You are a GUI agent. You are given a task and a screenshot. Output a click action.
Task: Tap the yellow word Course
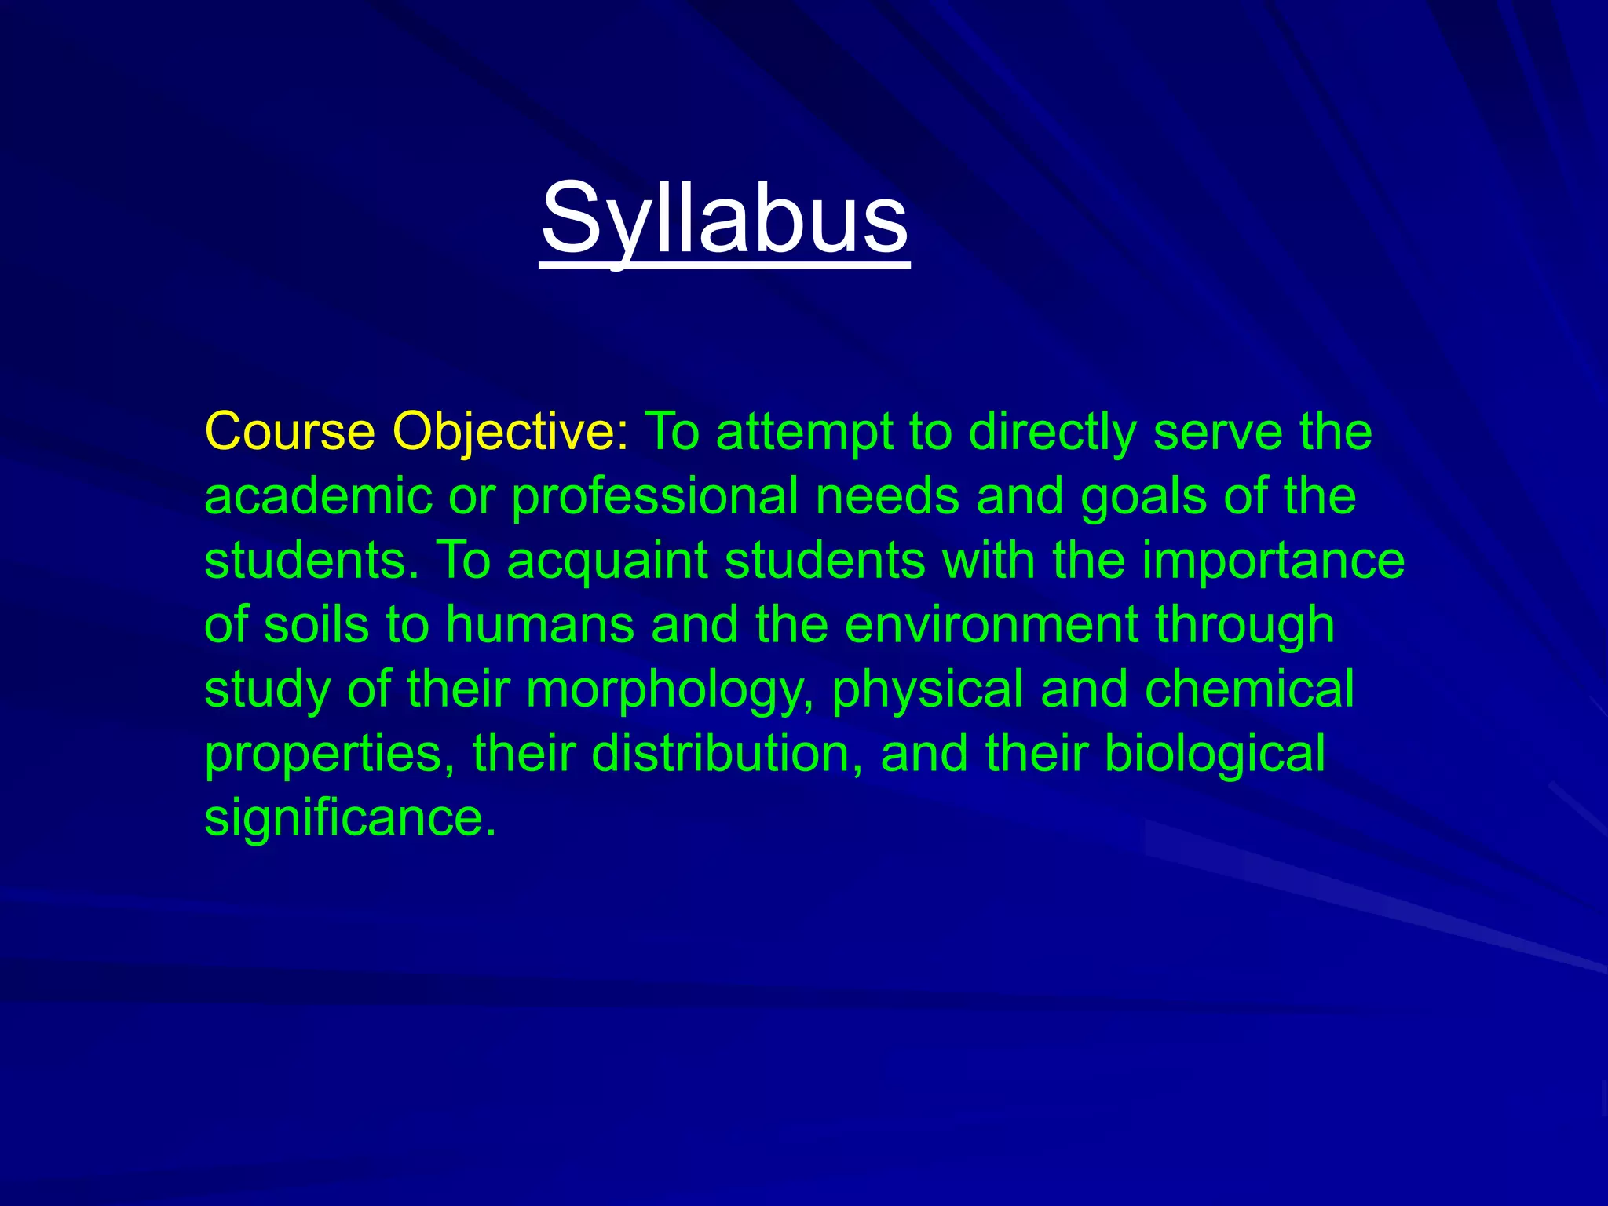click(290, 432)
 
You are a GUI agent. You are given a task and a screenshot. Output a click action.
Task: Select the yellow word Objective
click(510, 432)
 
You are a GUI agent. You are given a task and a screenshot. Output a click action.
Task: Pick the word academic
click(318, 496)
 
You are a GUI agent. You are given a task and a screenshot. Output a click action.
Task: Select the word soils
click(316, 625)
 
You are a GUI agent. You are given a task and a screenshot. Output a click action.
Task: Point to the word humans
click(540, 625)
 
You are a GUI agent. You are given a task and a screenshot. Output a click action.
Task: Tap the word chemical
click(1249, 689)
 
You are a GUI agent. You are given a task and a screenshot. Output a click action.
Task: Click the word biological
click(1215, 754)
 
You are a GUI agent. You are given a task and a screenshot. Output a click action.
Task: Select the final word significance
click(350, 818)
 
